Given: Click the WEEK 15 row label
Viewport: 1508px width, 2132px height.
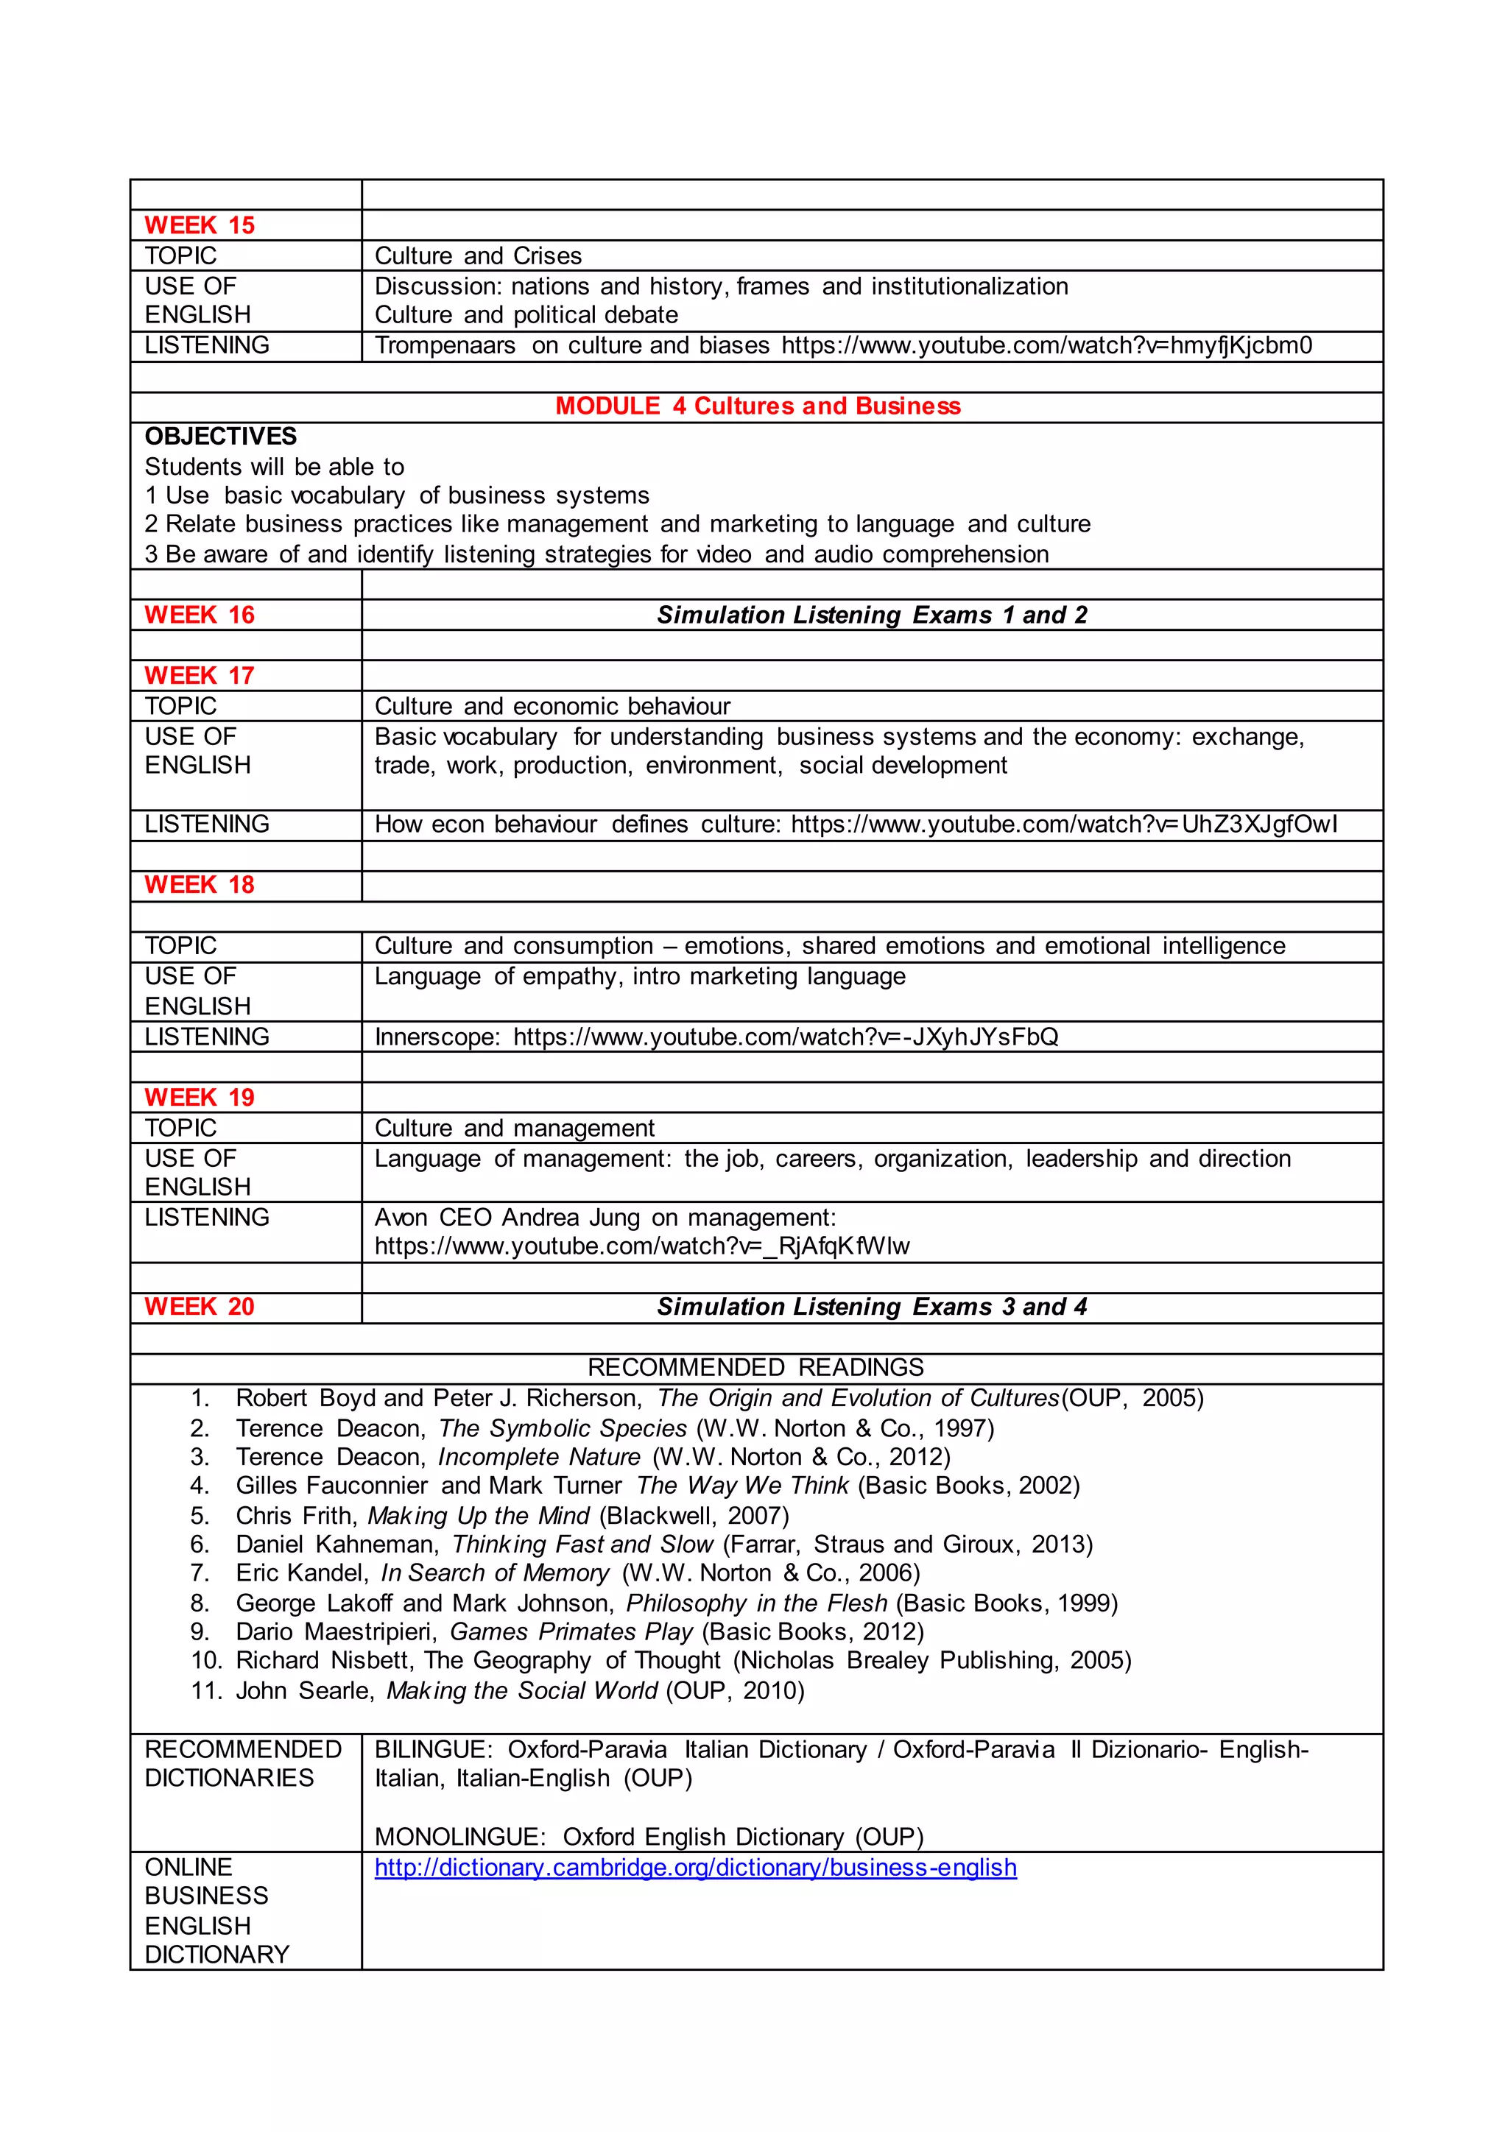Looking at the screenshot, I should coord(199,226).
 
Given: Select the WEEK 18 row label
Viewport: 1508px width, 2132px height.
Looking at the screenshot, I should coord(199,885).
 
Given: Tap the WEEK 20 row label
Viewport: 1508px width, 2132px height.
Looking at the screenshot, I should coord(199,1307).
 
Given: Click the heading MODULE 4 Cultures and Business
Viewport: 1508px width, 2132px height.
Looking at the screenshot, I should coord(758,406).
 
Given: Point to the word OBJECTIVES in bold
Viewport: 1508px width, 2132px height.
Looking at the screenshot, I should coord(221,437).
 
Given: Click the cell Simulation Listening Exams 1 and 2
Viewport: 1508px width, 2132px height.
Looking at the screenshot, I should coord(871,615).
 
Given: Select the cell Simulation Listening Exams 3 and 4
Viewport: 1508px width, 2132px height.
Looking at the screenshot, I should coord(871,1307).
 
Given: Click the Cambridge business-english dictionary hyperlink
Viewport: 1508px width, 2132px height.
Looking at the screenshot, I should coord(696,1868).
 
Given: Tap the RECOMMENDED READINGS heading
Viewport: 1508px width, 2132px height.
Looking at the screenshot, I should coord(756,1368).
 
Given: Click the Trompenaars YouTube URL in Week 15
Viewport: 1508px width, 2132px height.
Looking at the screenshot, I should coord(1046,345).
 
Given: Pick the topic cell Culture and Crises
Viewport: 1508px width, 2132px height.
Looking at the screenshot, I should coord(477,256).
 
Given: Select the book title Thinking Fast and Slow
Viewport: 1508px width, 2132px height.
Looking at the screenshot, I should coord(582,1545).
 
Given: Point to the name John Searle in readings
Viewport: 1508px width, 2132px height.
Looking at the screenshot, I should coord(303,1690).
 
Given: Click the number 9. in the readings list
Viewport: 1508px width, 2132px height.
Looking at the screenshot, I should coord(200,1631).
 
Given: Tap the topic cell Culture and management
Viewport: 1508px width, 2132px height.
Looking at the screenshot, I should coord(515,1129).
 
